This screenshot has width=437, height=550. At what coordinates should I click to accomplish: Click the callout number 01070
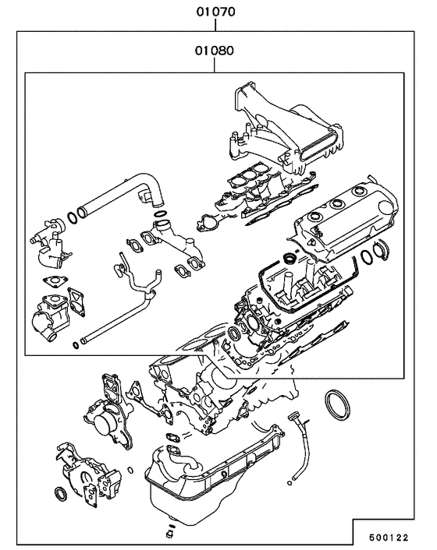pos(215,12)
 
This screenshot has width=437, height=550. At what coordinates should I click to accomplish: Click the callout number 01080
pos(215,51)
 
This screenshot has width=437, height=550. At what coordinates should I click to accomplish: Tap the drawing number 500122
pos(389,537)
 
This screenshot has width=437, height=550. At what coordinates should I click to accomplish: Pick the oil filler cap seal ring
pos(290,259)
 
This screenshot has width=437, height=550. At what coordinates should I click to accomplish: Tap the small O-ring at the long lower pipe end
pos(76,345)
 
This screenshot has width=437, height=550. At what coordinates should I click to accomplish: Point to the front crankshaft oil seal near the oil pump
pos(61,493)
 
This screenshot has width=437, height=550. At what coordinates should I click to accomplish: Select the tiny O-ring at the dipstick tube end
pos(289,483)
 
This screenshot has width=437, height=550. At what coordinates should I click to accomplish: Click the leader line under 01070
pos(215,25)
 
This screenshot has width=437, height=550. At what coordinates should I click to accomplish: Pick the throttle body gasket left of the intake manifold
pos(208,224)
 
